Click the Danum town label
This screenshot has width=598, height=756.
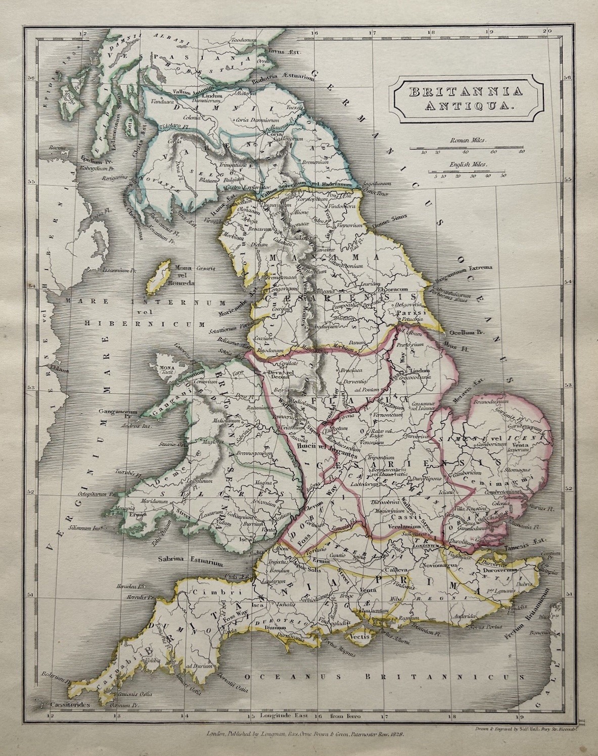(x=357, y=342)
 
